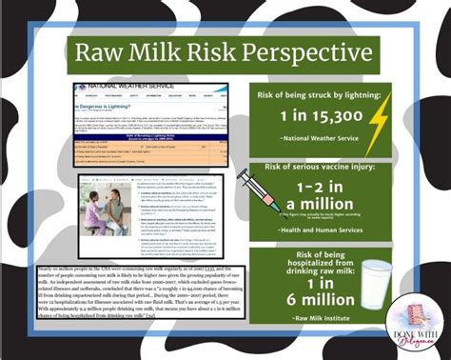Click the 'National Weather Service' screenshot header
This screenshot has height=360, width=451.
(133, 87)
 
